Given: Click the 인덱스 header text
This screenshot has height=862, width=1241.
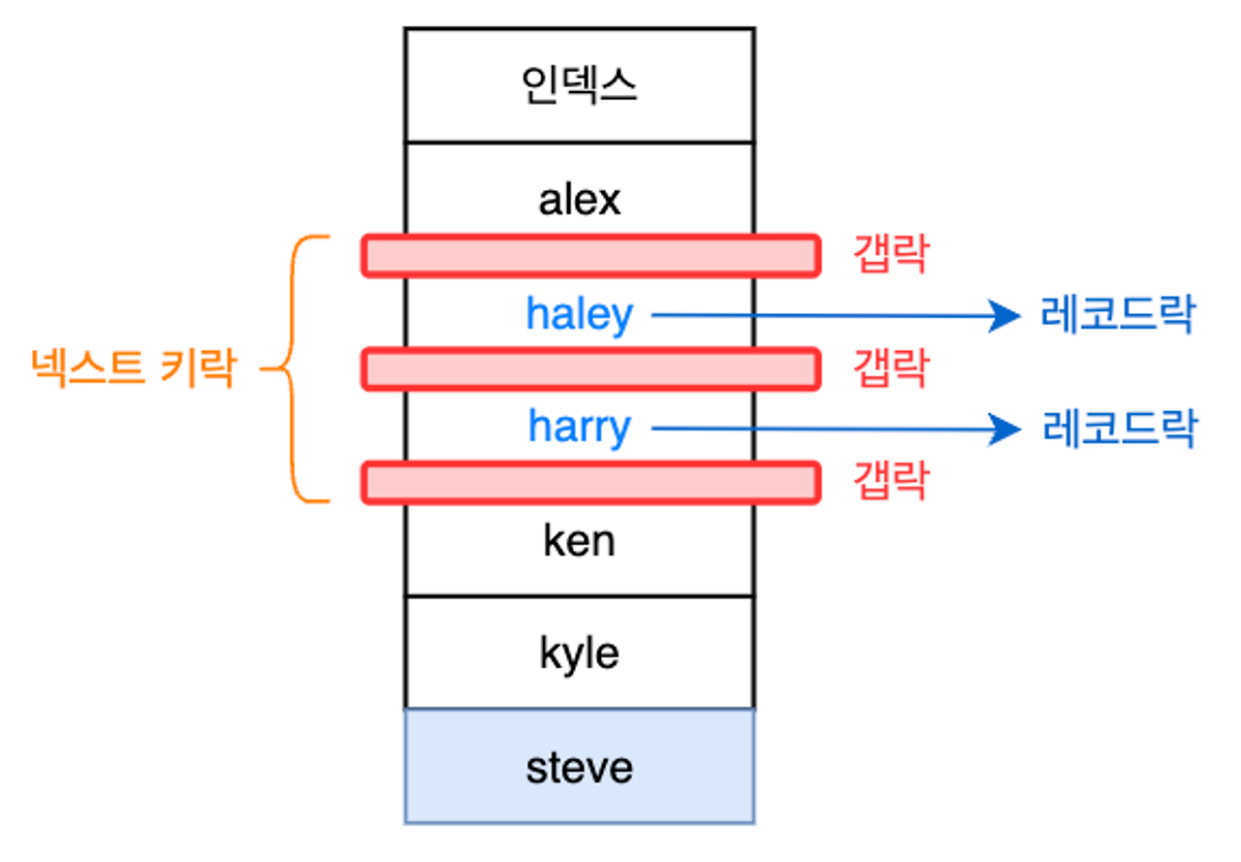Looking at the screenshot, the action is pos(579,86).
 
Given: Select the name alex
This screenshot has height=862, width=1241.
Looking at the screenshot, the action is pos(579,200).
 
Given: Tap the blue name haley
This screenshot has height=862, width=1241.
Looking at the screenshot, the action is pos(579,314).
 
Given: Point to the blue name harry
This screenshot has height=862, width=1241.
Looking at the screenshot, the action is pos(579,428).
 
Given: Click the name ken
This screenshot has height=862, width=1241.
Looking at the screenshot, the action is pos(579,541).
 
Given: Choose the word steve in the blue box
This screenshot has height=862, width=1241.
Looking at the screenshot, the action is pos(579,768).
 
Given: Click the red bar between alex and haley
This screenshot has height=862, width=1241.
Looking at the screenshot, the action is pos(590,255).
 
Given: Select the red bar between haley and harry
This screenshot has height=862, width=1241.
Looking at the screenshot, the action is pos(590,368).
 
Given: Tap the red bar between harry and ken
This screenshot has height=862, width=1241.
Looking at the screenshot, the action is pos(590,482).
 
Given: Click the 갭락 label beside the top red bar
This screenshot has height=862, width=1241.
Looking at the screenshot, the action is pos(890,255).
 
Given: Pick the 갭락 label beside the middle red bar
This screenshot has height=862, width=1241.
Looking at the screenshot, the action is pos(890,368).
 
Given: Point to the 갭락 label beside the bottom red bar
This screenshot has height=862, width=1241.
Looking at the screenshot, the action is pos(890,482).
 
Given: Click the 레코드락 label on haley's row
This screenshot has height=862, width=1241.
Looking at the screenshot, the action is pos(1117,315).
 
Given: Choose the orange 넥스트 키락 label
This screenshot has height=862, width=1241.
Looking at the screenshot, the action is pos(133,369).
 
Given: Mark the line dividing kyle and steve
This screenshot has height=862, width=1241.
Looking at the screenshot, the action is pos(579,710).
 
